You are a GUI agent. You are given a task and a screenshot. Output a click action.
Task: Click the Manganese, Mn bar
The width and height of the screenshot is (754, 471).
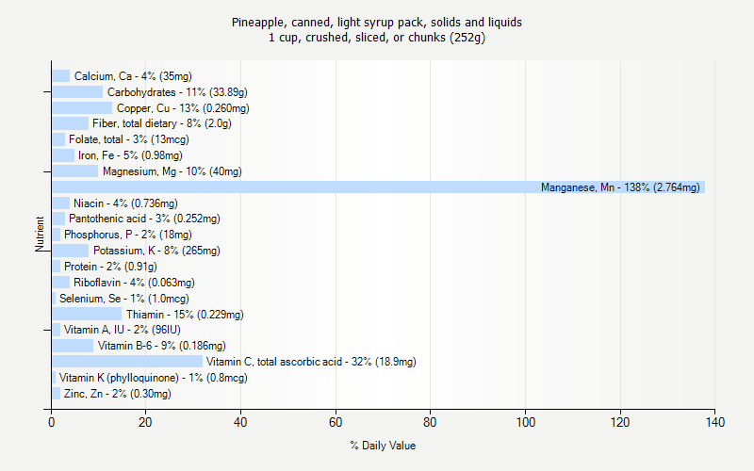point(377,187)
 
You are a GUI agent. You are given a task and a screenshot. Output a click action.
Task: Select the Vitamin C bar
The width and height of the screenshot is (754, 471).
point(127,362)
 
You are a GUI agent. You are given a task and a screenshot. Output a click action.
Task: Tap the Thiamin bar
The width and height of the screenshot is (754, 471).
point(87,315)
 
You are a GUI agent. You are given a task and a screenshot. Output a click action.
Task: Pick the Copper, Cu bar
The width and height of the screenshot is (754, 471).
point(82,108)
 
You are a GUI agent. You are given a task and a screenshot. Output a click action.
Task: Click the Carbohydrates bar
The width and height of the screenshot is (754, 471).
point(77,92)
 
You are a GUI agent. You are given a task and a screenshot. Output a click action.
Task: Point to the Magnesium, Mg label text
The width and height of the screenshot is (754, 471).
point(172,171)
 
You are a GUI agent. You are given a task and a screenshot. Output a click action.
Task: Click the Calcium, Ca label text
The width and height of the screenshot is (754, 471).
point(139,76)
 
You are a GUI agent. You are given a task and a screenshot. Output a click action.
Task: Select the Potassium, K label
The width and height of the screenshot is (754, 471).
point(156,251)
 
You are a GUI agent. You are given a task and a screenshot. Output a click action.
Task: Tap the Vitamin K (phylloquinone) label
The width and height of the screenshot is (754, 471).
point(153,378)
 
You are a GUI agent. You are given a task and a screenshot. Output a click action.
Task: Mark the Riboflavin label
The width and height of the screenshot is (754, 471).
point(134,283)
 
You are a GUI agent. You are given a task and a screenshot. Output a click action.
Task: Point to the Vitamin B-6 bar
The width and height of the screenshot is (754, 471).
point(73,346)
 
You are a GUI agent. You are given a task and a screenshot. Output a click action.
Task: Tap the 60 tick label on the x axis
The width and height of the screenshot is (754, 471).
point(336,422)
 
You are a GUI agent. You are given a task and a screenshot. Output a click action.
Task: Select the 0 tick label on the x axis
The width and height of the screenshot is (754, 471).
point(52,422)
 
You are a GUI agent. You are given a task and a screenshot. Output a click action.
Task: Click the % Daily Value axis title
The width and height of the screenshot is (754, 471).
point(383,446)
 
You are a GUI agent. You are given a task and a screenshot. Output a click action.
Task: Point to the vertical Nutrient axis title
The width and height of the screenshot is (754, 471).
point(41,235)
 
